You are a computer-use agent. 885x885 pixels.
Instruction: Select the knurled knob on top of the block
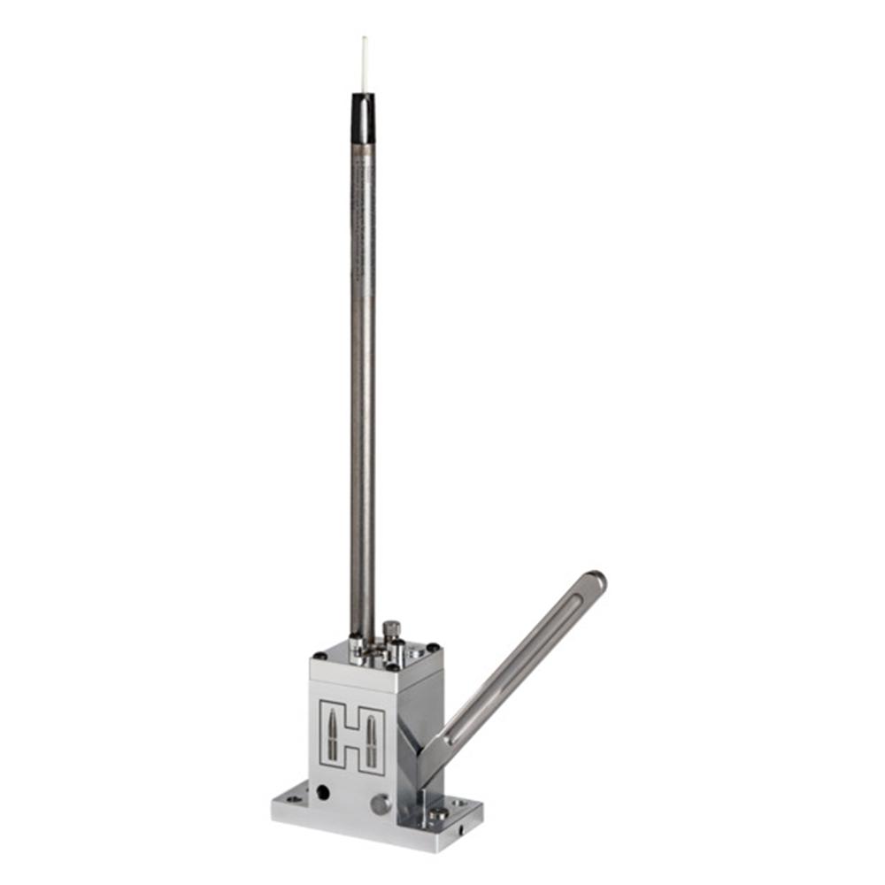[x=390, y=631]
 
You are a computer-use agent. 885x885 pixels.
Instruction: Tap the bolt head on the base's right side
[x=437, y=812]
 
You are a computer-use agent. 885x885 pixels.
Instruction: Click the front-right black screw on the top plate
[x=390, y=666]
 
